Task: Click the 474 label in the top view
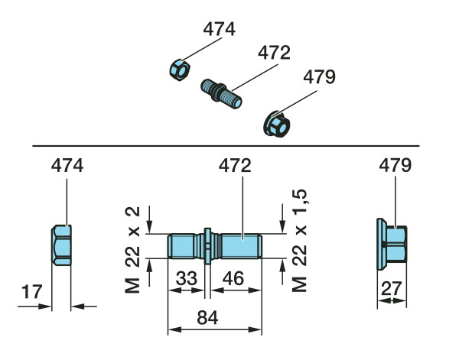pos(219,30)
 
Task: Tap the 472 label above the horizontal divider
pos(273,54)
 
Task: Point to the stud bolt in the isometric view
pos(223,92)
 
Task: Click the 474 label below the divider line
pos(67,165)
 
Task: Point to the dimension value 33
pos(186,279)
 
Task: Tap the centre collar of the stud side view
pos(207,246)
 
